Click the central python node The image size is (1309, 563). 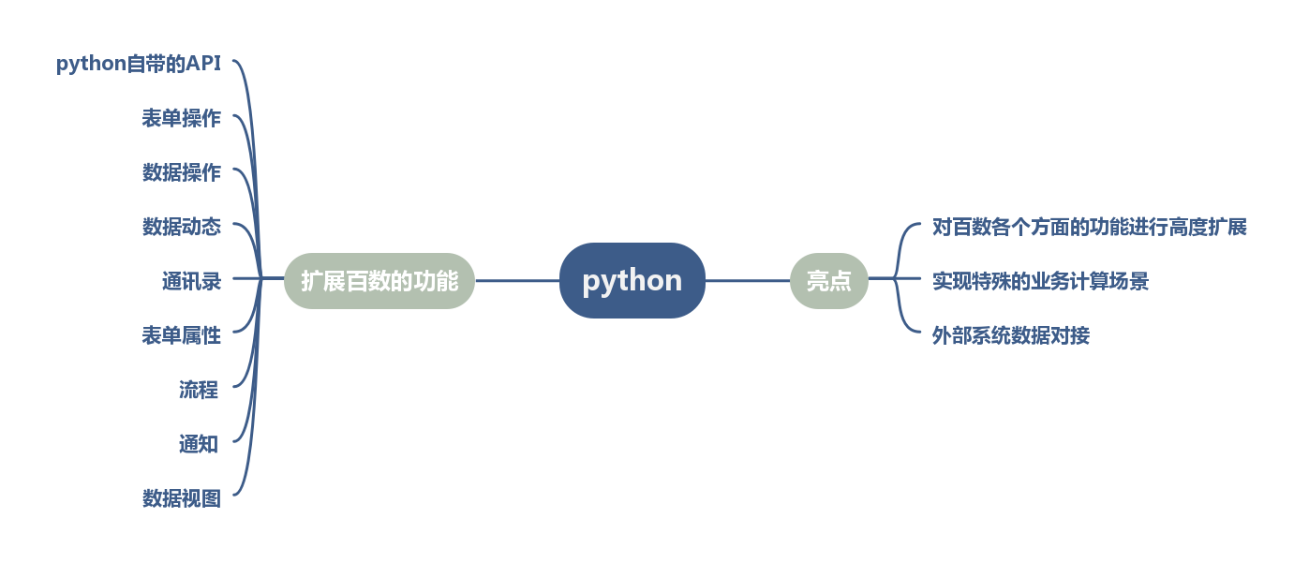click(x=632, y=280)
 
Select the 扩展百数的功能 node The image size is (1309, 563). click(x=379, y=280)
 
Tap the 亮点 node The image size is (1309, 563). click(x=828, y=280)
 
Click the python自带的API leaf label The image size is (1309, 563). click(x=138, y=64)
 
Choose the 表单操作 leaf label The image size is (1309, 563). click(x=181, y=118)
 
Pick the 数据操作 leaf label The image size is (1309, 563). click(x=181, y=172)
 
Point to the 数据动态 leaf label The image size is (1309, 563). click(x=181, y=227)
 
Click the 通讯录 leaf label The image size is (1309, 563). click(x=191, y=281)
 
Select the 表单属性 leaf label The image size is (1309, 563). click(x=181, y=335)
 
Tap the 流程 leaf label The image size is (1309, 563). click(x=199, y=390)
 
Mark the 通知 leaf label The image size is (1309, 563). click(x=199, y=444)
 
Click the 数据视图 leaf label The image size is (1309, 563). click(x=181, y=498)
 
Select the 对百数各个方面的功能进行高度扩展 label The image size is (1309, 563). click(x=1089, y=227)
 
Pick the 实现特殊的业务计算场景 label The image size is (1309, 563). click(x=1040, y=281)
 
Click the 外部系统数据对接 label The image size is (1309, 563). click(x=1010, y=335)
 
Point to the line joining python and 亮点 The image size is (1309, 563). click(x=747, y=280)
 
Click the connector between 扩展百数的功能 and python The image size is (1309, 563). click(x=517, y=280)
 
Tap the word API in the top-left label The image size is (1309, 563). click(x=203, y=64)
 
